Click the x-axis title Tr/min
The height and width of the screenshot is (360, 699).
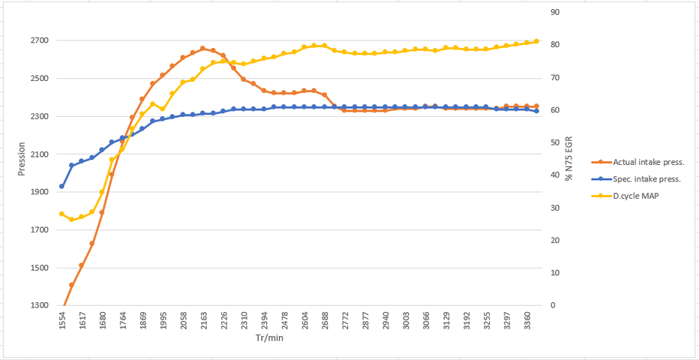(268, 338)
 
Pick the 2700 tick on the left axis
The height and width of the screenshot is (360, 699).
(39, 40)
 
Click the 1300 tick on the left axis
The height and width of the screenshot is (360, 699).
(39, 305)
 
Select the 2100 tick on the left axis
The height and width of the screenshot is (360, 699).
(39, 154)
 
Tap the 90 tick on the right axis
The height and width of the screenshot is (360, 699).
(535, 12)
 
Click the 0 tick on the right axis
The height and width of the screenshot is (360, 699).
(532, 305)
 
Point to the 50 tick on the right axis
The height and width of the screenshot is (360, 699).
(535, 142)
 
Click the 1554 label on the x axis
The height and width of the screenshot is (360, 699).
(61, 322)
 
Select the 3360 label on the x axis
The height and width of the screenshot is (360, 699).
(526, 322)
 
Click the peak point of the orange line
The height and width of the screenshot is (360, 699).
(202, 48)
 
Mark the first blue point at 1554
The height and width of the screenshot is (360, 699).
(61, 186)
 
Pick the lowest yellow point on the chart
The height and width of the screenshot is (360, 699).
(71, 219)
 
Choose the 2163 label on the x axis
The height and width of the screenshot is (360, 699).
(202, 322)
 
